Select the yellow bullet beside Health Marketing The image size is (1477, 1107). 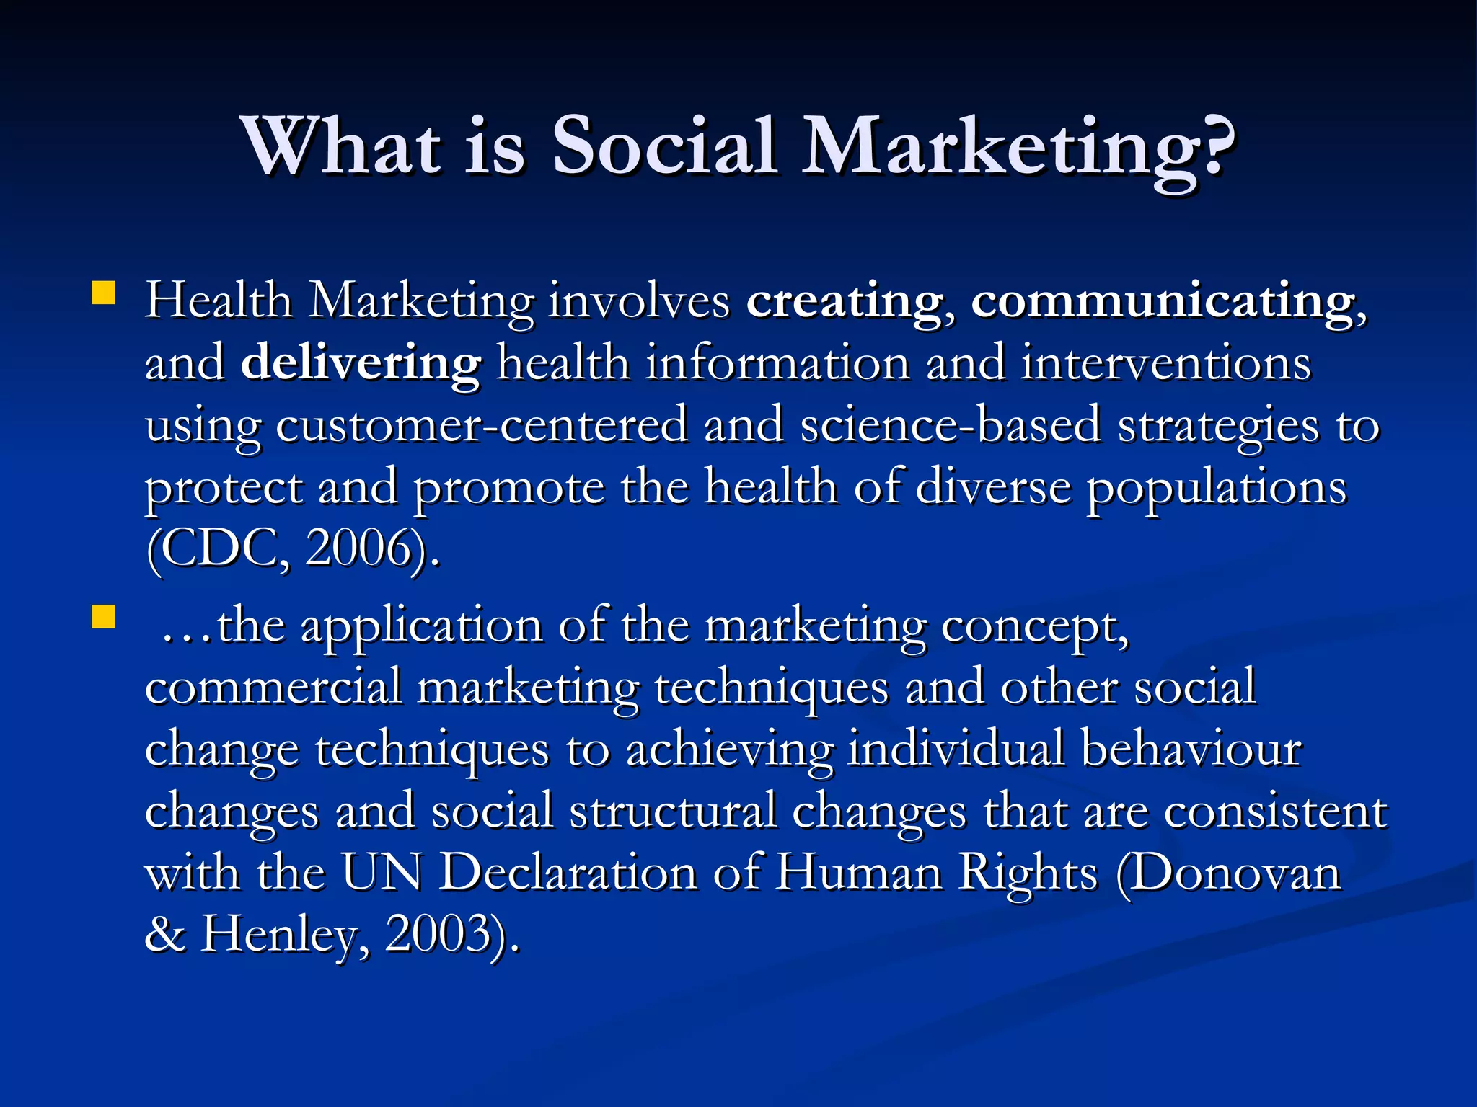tap(104, 294)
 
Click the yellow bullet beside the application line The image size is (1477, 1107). tap(104, 618)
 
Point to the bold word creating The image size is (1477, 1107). tap(845, 301)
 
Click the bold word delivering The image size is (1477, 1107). tap(361, 363)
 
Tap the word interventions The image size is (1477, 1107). tap(1165, 363)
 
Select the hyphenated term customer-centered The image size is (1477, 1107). tap(481, 426)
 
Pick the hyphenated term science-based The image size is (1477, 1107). tap(951, 426)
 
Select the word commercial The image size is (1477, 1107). tap(273, 687)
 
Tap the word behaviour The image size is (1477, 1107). tap(1191, 750)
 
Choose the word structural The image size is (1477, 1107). tap(672, 812)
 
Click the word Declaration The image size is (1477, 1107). tap(568, 873)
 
